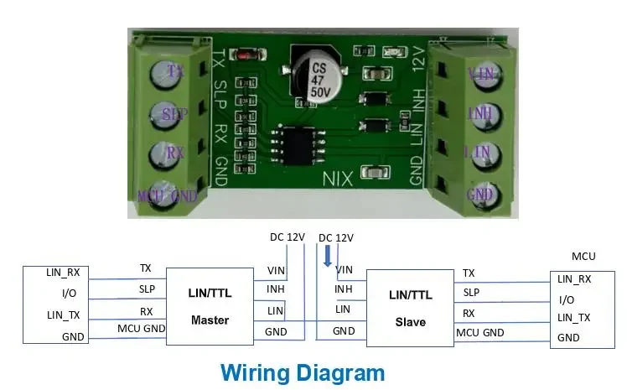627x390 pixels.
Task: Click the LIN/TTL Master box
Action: point(210,306)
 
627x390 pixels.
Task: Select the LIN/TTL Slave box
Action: point(411,309)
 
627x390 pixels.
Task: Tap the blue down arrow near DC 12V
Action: point(329,254)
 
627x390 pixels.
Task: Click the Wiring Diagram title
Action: point(302,372)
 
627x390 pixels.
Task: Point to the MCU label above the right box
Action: point(583,256)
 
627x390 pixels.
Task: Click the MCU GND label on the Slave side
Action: point(479,333)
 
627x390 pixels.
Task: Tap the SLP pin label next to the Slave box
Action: point(471,293)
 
